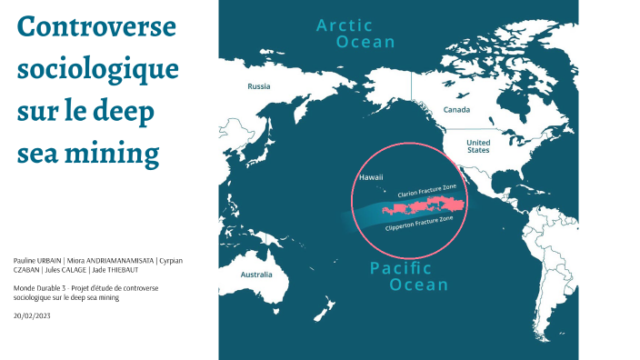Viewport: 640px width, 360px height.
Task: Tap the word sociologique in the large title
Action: (x=98, y=69)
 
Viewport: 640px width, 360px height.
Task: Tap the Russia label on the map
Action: (x=260, y=87)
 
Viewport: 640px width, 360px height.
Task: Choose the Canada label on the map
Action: (x=456, y=109)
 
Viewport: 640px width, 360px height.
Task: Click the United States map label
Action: (x=477, y=146)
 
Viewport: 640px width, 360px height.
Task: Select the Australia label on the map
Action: (x=256, y=274)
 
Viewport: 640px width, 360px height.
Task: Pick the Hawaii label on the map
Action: (x=371, y=177)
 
